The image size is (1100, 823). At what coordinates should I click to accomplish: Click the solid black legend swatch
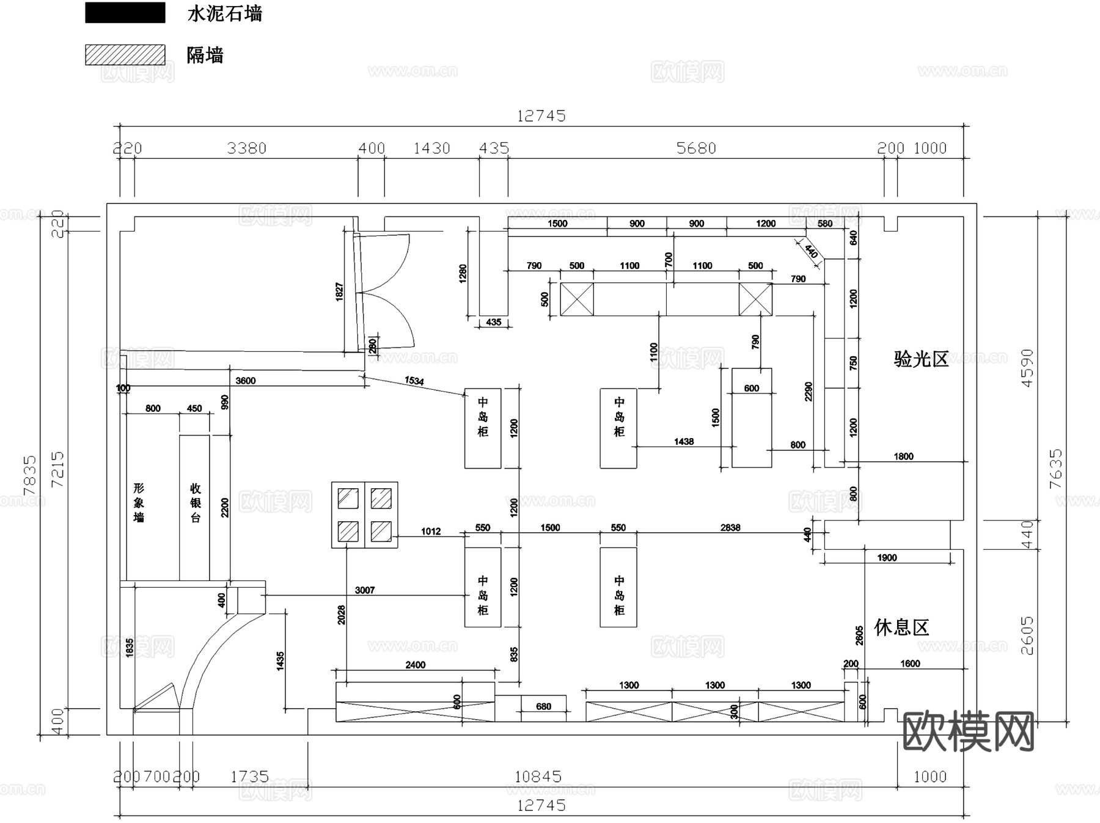[x=125, y=13]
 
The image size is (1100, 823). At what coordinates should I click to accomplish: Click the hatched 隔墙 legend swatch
[x=125, y=54]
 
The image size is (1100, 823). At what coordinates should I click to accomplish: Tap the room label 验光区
[x=921, y=359]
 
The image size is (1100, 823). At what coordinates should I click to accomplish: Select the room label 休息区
[x=901, y=627]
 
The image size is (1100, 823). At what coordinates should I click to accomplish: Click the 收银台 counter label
[x=196, y=503]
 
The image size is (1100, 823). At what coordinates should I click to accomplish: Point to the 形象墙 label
[x=139, y=503]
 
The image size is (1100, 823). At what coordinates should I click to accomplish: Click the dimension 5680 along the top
[x=696, y=148]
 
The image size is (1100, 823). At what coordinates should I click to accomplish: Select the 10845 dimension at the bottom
[x=538, y=777]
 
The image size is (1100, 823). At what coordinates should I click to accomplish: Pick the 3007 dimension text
[x=365, y=590]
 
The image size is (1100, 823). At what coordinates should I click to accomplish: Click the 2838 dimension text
[x=730, y=527]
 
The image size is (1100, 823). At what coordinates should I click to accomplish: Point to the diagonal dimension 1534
[x=414, y=381]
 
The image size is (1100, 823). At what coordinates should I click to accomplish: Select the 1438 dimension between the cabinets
[x=684, y=441]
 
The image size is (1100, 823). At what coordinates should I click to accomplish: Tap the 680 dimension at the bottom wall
[x=543, y=706]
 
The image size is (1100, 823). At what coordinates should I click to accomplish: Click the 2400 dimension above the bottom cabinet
[x=415, y=665]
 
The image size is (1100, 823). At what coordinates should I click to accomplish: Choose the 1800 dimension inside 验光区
[x=903, y=456]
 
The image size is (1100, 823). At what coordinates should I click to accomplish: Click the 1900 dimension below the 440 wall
[x=887, y=557]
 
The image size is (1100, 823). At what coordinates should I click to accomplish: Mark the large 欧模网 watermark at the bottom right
[x=968, y=731]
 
